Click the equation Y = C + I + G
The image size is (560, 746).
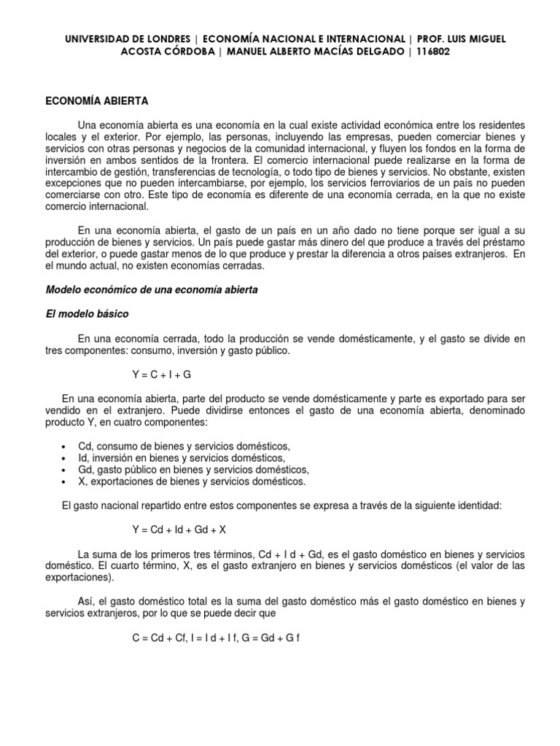162,374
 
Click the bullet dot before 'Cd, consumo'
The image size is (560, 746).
66,447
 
